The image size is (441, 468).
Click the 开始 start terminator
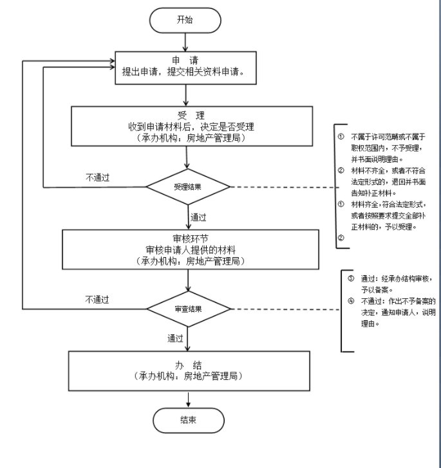point(185,20)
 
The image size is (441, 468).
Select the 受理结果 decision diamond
point(188,187)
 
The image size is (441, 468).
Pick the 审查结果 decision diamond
point(188,309)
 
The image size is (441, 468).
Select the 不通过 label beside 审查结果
point(97,299)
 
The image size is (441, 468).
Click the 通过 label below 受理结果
point(198,217)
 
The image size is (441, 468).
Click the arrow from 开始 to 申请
point(185,42)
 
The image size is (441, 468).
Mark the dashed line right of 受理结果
point(283,187)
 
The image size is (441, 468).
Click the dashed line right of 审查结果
point(283,309)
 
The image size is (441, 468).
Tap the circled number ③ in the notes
point(350,279)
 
